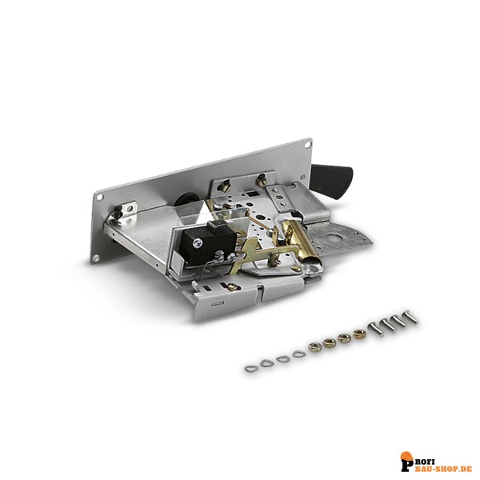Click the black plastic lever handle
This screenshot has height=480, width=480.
click(332, 179)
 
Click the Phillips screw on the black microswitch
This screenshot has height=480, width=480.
click(197, 243)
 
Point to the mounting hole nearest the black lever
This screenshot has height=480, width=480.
click(302, 177)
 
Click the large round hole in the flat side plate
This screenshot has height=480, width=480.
click(333, 237)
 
